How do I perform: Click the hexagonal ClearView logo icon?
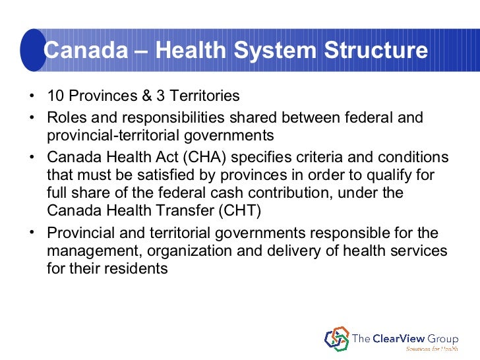[x=337, y=338]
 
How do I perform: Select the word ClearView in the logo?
[x=403, y=338]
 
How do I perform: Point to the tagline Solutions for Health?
[x=432, y=349]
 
